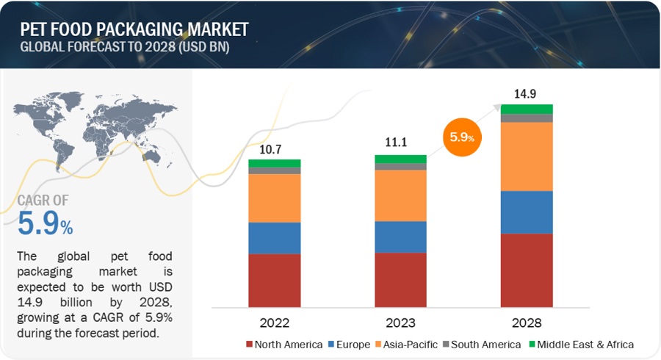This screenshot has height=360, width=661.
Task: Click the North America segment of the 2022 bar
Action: (x=274, y=280)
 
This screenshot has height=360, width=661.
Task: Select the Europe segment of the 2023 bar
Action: (x=400, y=237)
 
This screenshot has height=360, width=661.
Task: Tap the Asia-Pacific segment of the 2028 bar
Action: (x=527, y=156)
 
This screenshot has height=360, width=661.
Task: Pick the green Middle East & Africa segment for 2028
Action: (x=527, y=109)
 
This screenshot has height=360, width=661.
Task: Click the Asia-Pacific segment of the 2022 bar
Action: (x=274, y=198)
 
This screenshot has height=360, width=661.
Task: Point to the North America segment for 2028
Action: (x=527, y=270)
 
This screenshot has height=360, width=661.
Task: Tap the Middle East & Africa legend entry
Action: (x=583, y=344)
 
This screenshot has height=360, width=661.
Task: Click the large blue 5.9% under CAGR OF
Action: (x=45, y=223)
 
